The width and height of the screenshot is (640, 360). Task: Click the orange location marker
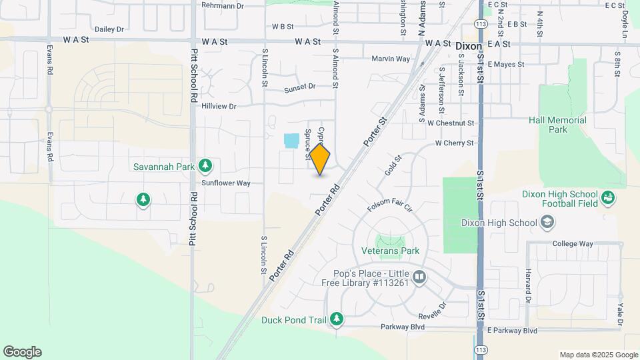tap(320, 159)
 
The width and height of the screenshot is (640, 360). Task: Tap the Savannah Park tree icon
tap(206, 165)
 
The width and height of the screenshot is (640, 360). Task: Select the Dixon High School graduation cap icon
tap(547, 223)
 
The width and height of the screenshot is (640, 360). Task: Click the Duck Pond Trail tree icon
tap(337, 319)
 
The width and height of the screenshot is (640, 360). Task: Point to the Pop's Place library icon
tap(419, 277)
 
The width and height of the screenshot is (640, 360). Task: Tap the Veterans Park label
tap(390, 251)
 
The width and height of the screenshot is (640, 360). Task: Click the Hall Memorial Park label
tap(557, 125)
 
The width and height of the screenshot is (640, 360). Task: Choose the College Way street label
tap(573, 244)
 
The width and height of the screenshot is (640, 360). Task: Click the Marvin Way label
tap(391, 59)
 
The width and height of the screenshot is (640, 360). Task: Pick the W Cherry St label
tap(455, 143)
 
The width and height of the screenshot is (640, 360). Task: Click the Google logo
tap(22, 351)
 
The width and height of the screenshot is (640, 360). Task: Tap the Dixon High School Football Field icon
tap(607, 197)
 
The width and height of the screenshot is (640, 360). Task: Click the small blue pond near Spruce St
tap(291, 141)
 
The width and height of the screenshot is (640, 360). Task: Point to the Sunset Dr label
tap(299, 87)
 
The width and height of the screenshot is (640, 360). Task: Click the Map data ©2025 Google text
tap(598, 355)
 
